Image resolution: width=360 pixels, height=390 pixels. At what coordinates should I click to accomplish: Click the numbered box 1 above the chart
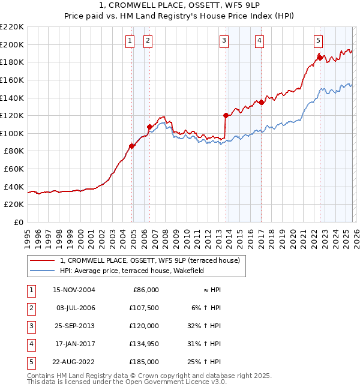coord(130,41)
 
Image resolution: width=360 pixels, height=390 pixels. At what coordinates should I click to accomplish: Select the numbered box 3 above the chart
coord(224,41)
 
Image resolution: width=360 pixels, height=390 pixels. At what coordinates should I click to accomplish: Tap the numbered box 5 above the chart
coord(318,41)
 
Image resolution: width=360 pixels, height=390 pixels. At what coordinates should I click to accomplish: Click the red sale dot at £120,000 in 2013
coord(226,115)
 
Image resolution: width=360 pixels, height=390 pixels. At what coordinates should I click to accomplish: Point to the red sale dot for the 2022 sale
coord(320,58)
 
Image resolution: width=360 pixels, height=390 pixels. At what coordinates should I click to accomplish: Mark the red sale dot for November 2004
coord(132,146)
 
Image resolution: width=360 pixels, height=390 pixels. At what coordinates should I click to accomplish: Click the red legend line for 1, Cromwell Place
coord(43,260)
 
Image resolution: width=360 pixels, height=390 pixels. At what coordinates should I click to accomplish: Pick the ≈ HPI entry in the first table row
coord(211,290)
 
